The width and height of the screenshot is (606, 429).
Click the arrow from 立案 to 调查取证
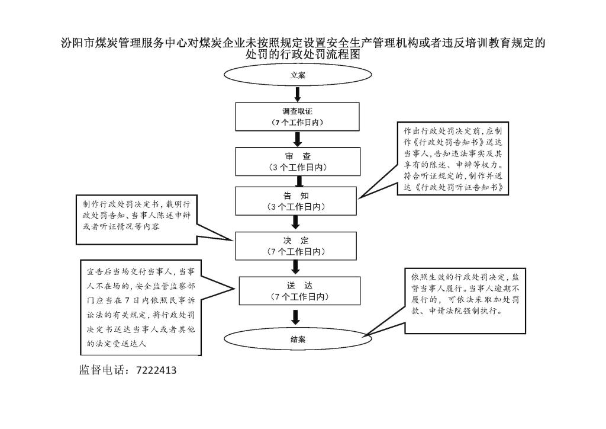point(298,94)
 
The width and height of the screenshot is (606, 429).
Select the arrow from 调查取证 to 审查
point(298,139)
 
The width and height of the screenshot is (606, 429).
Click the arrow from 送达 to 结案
point(296,317)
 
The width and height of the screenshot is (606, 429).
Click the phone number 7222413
point(156,370)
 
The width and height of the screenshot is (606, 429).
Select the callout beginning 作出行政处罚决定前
point(453,159)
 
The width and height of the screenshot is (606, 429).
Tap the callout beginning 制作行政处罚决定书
point(137,220)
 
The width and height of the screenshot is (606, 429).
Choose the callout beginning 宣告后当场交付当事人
point(141,308)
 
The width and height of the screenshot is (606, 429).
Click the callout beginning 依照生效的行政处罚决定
point(465,300)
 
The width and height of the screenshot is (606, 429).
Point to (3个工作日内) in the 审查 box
point(298,168)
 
